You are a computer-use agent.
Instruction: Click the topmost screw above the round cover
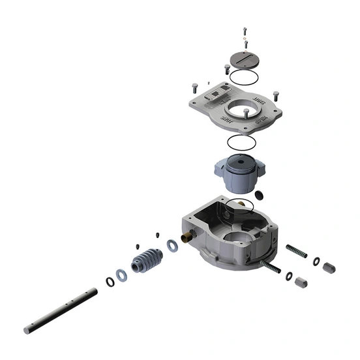pyautogui.click(x=245, y=30)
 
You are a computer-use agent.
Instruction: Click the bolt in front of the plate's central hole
pyautogui.click(x=245, y=113)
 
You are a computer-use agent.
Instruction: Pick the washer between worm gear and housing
pyautogui.click(x=172, y=245)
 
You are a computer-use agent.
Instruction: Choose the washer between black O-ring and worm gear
pyautogui.click(x=122, y=272)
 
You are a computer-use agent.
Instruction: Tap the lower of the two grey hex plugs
pyautogui.click(x=301, y=282)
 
